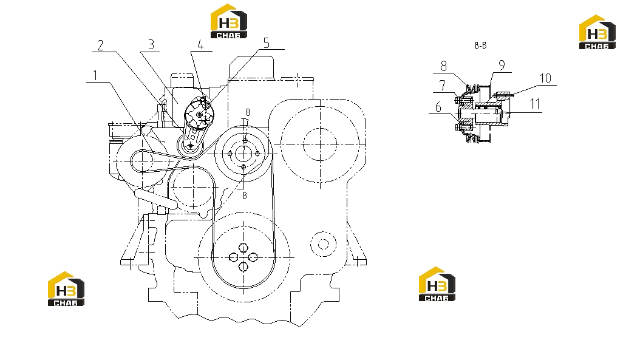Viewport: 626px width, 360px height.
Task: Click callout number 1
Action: (x=95, y=75)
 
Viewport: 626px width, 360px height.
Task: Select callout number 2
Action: (x=100, y=45)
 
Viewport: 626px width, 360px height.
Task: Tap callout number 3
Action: (x=151, y=44)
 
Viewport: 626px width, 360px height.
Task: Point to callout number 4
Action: (x=200, y=44)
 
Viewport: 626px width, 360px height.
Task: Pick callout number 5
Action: (x=267, y=42)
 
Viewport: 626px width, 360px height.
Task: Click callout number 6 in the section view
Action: (x=438, y=107)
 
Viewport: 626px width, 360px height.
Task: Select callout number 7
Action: (x=442, y=86)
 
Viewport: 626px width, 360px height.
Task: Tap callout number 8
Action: (x=444, y=66)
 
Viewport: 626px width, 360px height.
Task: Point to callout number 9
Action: (x=502, y=65)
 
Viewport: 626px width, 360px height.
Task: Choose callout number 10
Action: (x=545, y=78)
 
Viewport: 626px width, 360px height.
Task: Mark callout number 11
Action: (x=535, y=104)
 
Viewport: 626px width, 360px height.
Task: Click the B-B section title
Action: (x=481, y=46)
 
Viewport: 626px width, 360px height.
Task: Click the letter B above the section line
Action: (x=248, y=112)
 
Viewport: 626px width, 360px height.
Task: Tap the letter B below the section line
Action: (x=245, y=195)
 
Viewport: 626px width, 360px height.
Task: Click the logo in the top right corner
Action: (x=597, y=32)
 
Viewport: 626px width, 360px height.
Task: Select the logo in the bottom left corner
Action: (x=66, y=288)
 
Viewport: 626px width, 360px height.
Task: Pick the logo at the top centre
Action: (x=229, y=21)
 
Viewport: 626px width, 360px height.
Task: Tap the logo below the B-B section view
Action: (x=437, y=284)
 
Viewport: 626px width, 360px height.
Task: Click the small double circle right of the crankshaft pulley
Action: (x=323, y=244)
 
